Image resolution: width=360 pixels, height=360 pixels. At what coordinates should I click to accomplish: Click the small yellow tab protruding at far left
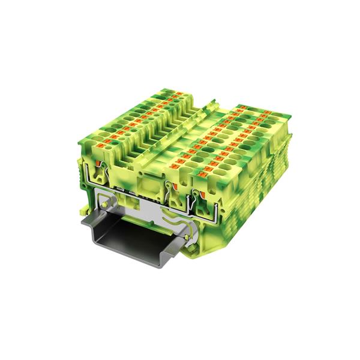(80, 211)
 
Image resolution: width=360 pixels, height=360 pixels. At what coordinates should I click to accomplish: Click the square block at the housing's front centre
(149, 179)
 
